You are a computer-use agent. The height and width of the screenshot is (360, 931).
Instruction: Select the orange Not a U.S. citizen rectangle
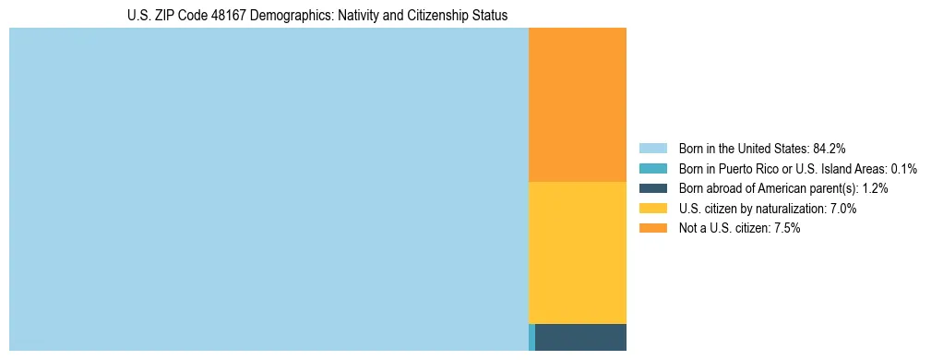tap(577, 104)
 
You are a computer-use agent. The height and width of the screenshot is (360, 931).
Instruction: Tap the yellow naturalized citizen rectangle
tap(577, 252)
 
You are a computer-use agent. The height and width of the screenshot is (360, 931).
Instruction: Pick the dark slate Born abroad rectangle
tap(580, 337)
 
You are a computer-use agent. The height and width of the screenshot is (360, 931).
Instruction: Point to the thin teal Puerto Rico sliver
tap(531, 337)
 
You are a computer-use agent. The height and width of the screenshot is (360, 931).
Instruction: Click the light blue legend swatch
tap(652, 148)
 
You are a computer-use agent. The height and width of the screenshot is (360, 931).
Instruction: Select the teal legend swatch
tap(652, 168)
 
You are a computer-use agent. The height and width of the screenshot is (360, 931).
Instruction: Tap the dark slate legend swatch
tap(652, 188)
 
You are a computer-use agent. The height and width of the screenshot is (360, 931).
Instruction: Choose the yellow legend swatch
tap(652, 209)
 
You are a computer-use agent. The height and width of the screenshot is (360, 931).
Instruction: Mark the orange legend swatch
tap(652, 229)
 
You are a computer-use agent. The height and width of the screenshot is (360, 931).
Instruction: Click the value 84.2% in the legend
tap(829, 148)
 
